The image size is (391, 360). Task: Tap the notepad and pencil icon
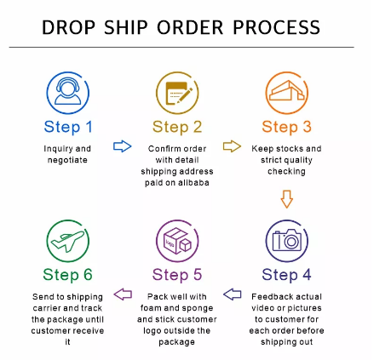pyautogui.click(x=177, y=93)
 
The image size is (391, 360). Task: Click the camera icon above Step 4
pyautogui.click(x=287, y=241)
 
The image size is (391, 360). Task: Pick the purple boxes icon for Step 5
pyautogui.click(x=177, y=241)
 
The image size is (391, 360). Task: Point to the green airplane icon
pyautogui.click(x=68, y=241)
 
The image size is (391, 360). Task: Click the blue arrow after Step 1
pyautogui.click(x=123, y=146)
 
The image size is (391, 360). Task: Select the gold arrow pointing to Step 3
pyautogui.click(x=232, y=146)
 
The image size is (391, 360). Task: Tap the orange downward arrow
pyautogui.click(x=287, y=199)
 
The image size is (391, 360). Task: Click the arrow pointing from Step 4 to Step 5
pyautogui.click(x=233, y=294)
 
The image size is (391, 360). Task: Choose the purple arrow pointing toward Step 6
pyautogui.click(x=123, y=294)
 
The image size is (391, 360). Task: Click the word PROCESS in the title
pyautogui.click(x=277, y=27)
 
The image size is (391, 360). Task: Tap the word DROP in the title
pyautogui.click(x=68, y=27)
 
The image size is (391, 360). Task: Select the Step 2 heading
pyautogui.click(x=177, y=127)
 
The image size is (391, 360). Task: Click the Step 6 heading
pyautogui.click(x=68, y=275)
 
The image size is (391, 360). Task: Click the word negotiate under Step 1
pyautogui.click(x=67, y=160)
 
